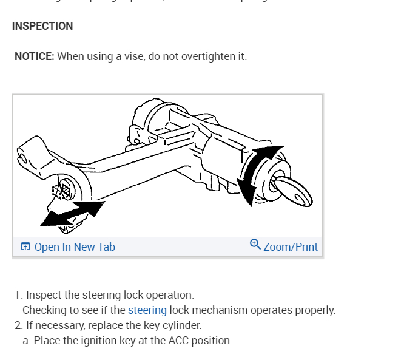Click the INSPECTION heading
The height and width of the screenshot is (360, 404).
[42, 26]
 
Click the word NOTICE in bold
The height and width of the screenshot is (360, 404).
[35, 56]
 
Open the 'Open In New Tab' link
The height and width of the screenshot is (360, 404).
[75, 246]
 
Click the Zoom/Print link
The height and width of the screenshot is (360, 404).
[291, 246]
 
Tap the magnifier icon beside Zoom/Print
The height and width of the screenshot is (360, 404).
[255, 245]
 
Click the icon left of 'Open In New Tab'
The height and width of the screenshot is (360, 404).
[25, 246]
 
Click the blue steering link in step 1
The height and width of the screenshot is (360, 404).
[147, 310]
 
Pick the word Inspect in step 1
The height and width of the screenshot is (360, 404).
[43, 295]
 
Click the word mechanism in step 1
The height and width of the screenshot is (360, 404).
[220, 310]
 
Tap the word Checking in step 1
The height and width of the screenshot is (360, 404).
[44, 310]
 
